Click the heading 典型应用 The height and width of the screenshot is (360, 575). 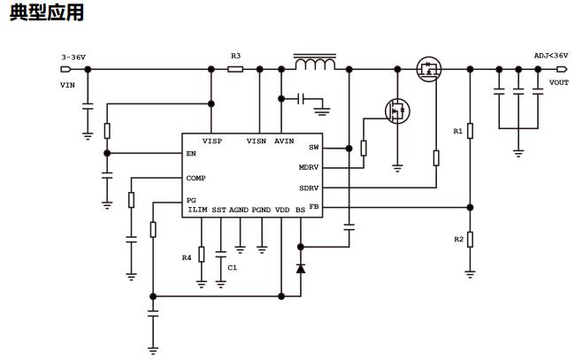[x=46, y=13]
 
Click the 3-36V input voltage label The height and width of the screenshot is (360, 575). [x=73, y=57]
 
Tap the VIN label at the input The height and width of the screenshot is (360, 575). [x=67, y=85]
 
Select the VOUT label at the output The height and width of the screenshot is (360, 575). [x=558, y=82]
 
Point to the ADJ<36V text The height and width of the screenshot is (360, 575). [x=550, y=56]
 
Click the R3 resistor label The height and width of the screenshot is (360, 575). [x=235, y=56]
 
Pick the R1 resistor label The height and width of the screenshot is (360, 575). [x=457, y=131]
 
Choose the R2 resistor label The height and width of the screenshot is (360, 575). [x=459, y=240]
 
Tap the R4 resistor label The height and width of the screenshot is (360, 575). [x=187, y=257]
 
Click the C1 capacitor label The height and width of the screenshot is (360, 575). [x=233, y=266]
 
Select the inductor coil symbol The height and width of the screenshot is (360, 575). [x=314, y=65]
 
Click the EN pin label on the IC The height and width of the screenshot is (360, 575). [x=191, y=153]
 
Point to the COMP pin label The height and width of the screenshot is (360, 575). [x=195, y=178]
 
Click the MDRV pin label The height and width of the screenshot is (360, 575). [x=309, y=167]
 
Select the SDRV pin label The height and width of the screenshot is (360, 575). [x=309, y=188]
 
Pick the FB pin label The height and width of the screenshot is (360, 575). [x=314, y=207]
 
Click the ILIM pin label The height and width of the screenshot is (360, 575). [x=197, y=211]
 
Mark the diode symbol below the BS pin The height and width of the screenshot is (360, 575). [x=300, y=267]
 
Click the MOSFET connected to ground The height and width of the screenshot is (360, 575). [x=397, y=111]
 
